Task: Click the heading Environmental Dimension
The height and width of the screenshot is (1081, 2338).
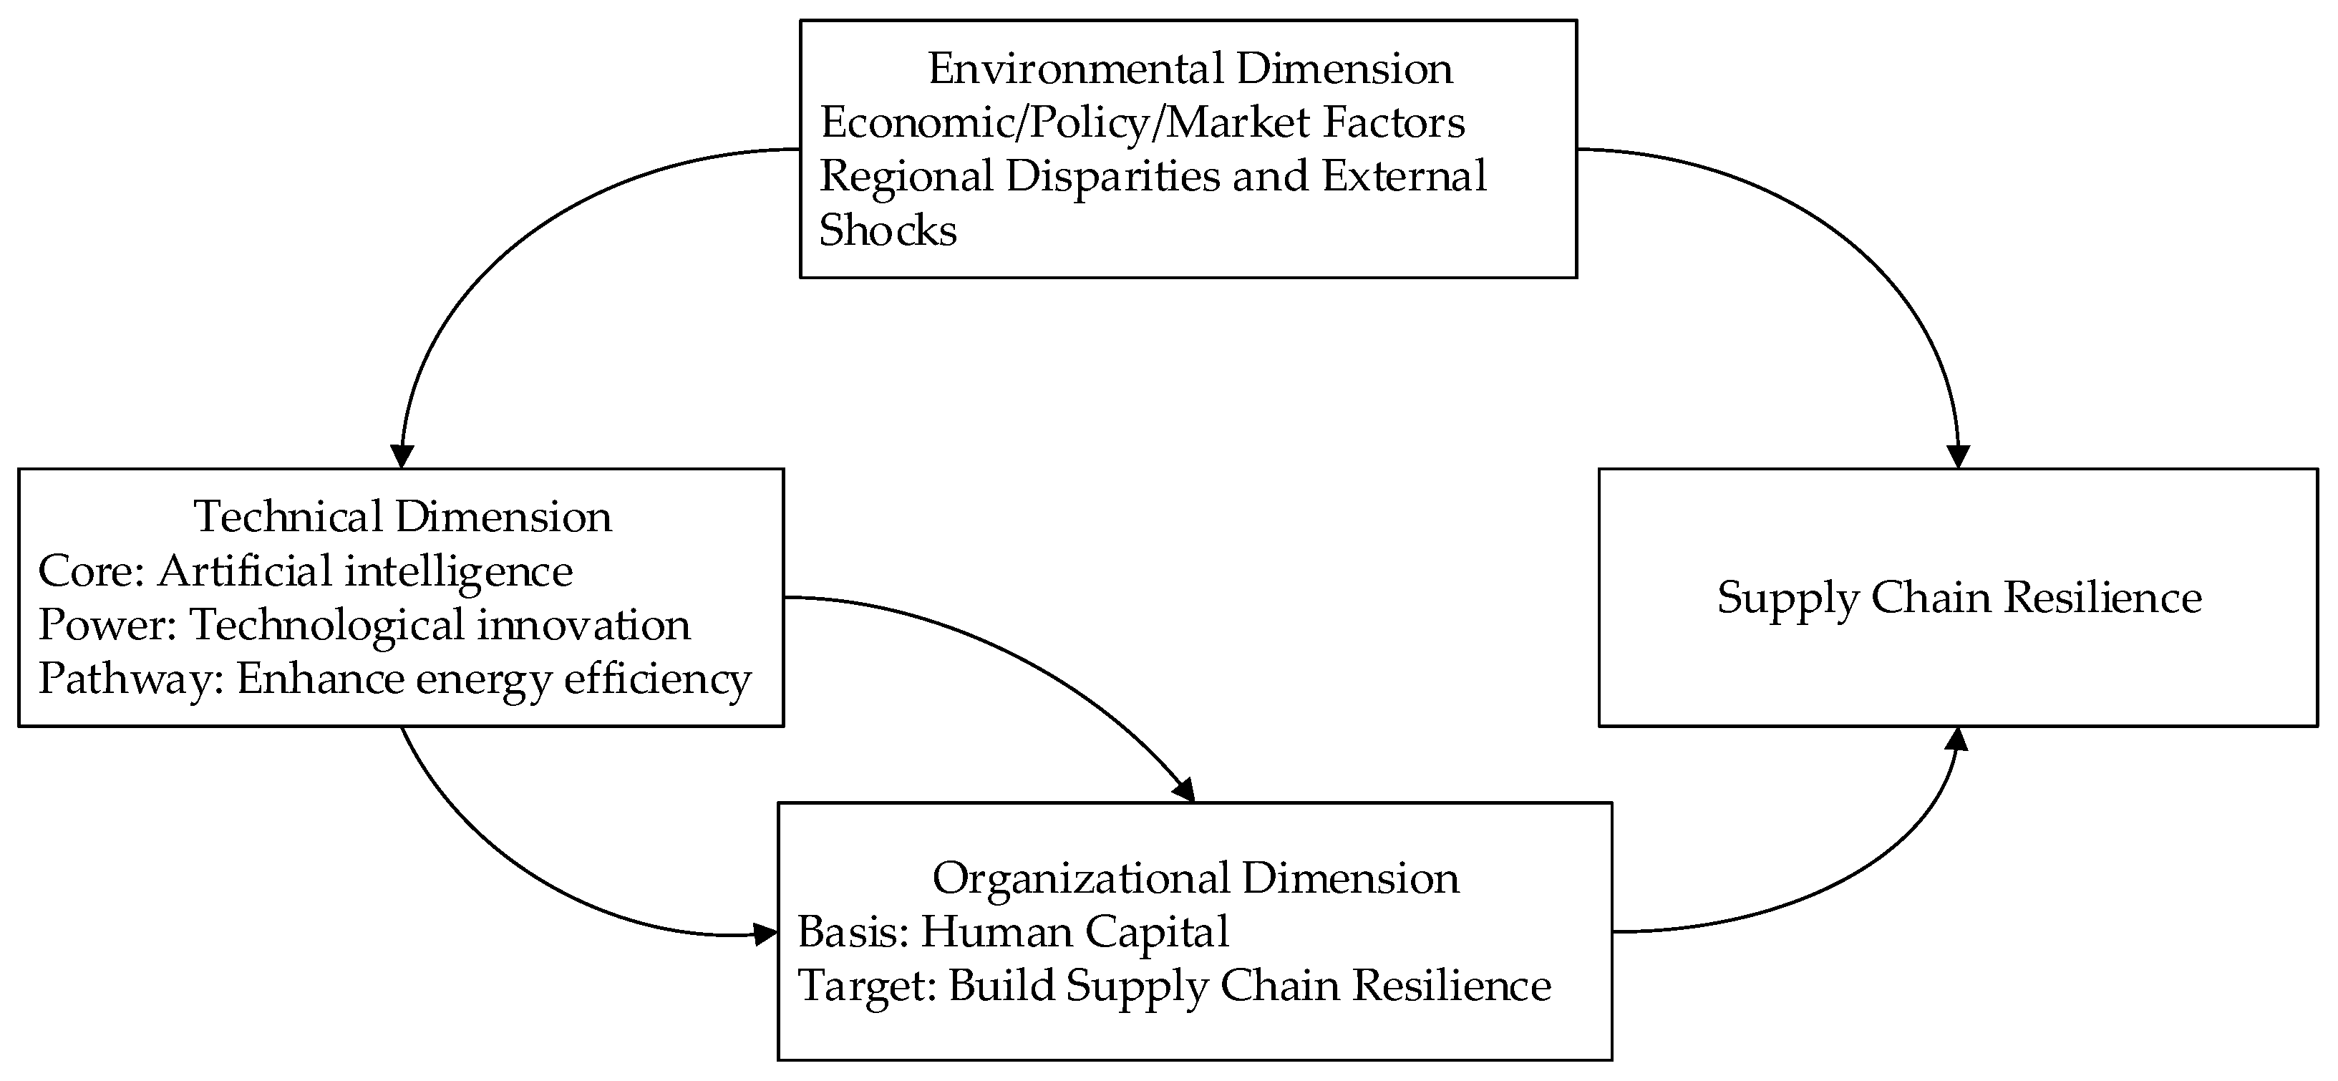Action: click(1189, 69)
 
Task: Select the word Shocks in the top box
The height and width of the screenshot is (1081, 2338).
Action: click(888, 231)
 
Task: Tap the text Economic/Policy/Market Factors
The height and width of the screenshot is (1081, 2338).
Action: click(1142, 122)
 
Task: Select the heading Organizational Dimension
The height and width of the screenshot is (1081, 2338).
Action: click(1194, 878)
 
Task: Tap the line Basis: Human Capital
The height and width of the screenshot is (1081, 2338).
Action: click(1013, 932)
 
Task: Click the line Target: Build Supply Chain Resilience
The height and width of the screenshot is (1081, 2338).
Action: click(1173, 986)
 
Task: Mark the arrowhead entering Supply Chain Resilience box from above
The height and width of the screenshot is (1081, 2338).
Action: click(1959, 457)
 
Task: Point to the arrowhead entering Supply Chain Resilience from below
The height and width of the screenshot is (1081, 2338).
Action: click(1959, 740)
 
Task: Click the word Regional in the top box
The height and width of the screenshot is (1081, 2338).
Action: click(906, 176)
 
